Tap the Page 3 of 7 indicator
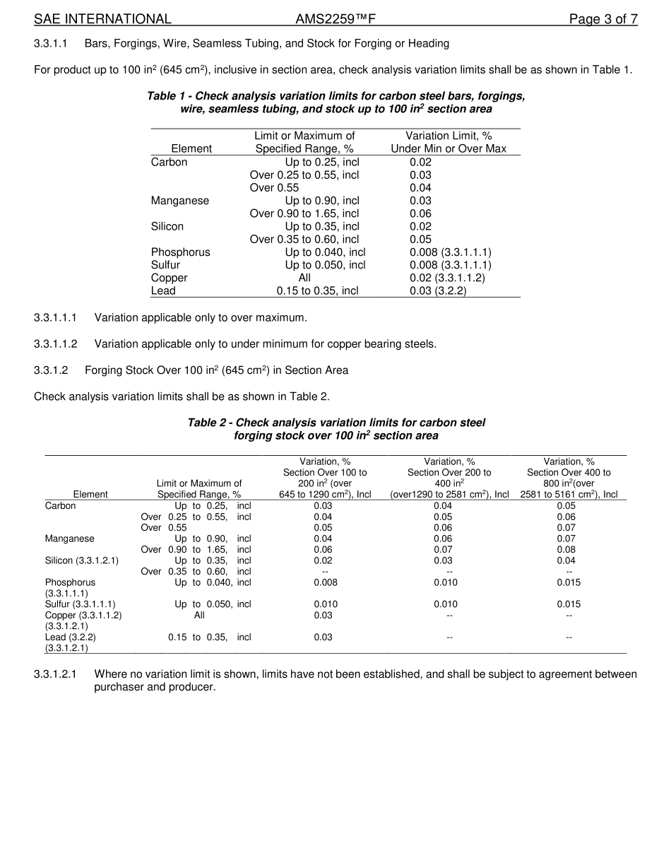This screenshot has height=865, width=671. pos(603,19)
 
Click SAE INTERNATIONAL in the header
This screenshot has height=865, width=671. pos(102,19)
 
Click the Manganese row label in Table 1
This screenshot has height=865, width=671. pos(180,201)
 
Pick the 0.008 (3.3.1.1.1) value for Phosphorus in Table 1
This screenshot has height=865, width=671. pos(450,252)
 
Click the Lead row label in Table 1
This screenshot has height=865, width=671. pos(163,290)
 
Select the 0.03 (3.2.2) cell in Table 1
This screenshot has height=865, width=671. pos(438,290)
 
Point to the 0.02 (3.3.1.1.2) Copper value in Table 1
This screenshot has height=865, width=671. pos(447,278)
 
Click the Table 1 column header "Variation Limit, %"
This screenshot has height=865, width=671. pos(449,136)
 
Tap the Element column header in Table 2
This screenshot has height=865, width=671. pos(90,495)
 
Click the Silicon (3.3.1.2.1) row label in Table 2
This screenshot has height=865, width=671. pos(82,560)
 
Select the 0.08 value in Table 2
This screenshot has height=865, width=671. pos(566,550)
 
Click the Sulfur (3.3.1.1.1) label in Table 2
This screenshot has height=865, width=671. pos(80,604)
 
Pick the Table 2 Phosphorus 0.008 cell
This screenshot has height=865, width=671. pos(325,582)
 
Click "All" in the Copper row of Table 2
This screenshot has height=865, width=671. pos(199,615)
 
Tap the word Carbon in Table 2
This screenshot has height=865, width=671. pos(60,506)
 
